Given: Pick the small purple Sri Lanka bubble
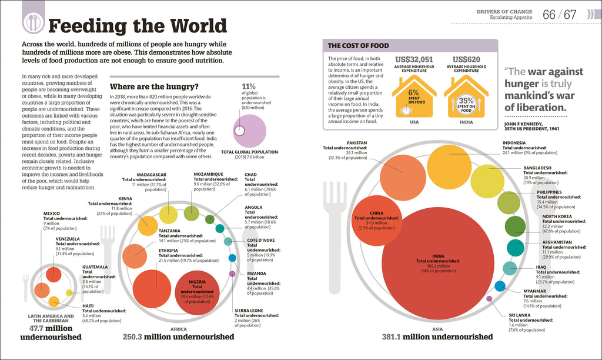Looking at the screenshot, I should (489, 299).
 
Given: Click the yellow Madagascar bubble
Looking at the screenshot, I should (168, 215).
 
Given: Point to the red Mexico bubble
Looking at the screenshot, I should (53, 274).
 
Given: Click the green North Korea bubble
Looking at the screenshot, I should (515, 226).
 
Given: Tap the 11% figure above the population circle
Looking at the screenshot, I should (249, 86).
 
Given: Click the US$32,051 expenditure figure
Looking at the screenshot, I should (414, 59).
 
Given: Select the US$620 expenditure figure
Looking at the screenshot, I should (467, 59).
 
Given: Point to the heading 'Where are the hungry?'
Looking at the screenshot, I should (155, 86).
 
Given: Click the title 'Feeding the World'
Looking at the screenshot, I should (137, 26).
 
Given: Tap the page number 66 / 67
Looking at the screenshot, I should (559, 14).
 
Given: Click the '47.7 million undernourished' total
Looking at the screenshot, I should (51, 333).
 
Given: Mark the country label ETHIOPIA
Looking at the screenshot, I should (169, 251).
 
